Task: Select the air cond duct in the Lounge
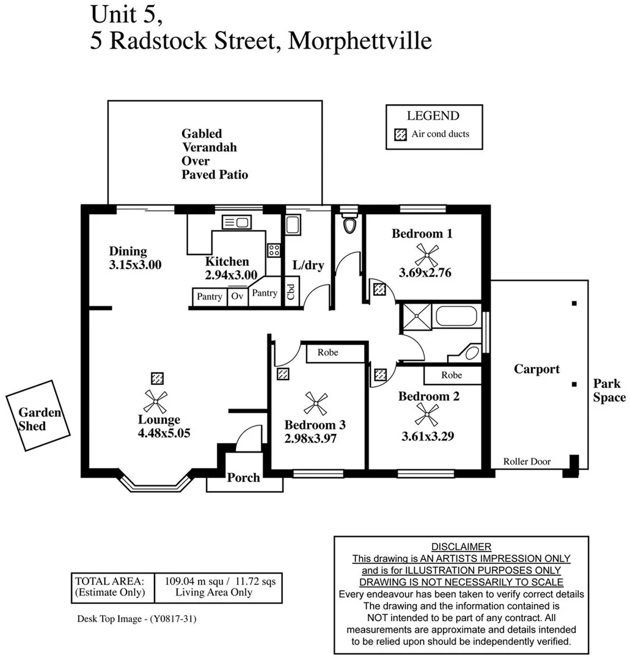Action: [x=158, y=378]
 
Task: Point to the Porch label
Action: [x=243, y=477]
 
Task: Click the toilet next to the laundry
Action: [x=350, y=225]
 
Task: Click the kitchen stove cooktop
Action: [x=274, y=250]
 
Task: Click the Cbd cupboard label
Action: [x=291, y=291]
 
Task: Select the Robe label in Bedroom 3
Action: [x=328, y=353]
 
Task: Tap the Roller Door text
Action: [x=526, y=462]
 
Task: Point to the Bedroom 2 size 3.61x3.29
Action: [x=427, y=436]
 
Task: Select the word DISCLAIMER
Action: [x=461, y=547]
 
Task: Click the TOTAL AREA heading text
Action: [x=109, y=581]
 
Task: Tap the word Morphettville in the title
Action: [x=359, y=41]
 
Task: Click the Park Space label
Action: [x=609, y=391]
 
